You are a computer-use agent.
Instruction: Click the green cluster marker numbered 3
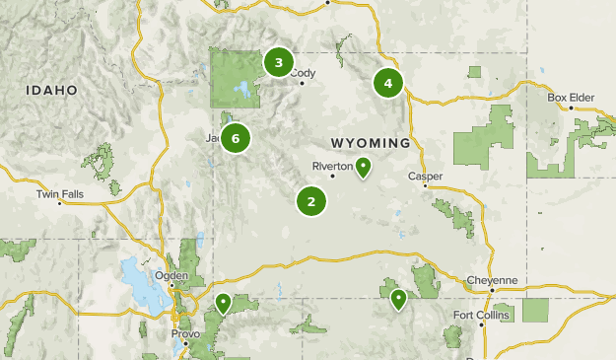click(x=279, y=63)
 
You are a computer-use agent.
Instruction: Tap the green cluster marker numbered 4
click(x=388, y=83)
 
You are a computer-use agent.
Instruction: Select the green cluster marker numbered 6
click(x=236, y=138)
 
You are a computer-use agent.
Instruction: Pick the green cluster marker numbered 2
click(x=311, y=202)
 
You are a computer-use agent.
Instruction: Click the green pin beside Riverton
click(x=364, y=167)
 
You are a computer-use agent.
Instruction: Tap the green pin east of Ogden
click(x=224, y=302)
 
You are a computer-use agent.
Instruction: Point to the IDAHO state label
click(x=52, y=90)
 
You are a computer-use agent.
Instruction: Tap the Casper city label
click(x=425, y=177)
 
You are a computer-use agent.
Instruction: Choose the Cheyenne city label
click(x=492, y=280)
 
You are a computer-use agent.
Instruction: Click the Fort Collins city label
click(x=477, y=315)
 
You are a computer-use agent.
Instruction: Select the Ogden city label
click(x=172, y=275)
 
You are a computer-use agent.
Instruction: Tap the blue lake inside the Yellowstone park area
click(x=239, y=93)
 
